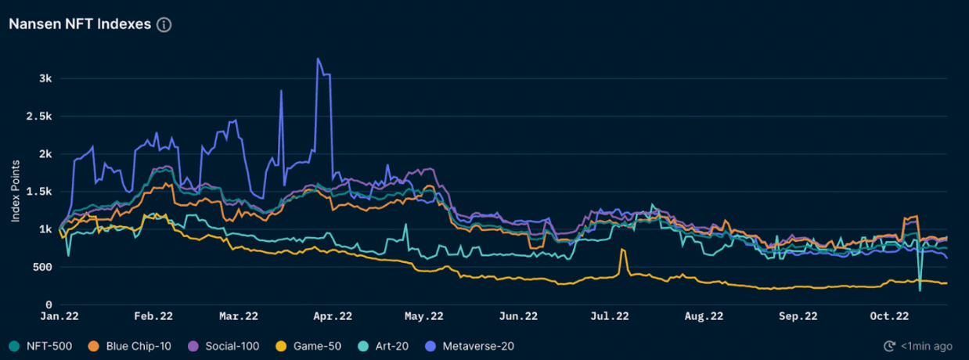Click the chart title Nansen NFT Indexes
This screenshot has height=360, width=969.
click(79, 24)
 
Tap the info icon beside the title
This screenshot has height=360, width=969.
click(164, 24)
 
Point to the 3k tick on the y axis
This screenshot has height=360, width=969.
click(45, 78)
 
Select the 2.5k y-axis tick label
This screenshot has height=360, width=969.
click(41, 116)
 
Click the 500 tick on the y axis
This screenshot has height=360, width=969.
click(44, 267)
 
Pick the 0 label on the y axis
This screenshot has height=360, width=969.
click(49, 304)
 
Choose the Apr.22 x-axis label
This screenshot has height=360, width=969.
click(333, 317)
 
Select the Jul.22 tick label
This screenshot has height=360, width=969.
click(609, 317)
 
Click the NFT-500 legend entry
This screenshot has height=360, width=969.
click(44, 346)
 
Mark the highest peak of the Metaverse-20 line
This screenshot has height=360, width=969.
click(318, 59)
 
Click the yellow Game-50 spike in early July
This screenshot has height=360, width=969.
click(622, 250)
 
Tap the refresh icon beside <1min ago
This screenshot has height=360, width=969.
click(889, 346)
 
